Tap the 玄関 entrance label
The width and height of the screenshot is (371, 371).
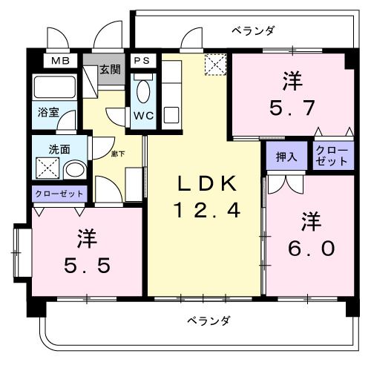[111, 70]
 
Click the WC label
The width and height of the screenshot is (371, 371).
[142, 116]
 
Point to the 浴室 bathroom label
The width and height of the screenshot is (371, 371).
[49, 114]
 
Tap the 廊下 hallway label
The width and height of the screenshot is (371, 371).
[118, 154]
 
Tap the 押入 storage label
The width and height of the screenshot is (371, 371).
[286, 157]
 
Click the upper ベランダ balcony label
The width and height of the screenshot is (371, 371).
[254, 30]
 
